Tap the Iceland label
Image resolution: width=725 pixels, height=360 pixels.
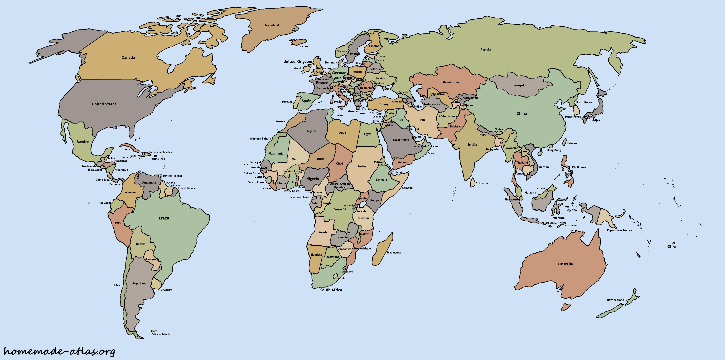click(304, 46)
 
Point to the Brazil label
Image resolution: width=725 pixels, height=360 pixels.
click(164, 218)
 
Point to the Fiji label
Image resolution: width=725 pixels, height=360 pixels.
click(674, 247)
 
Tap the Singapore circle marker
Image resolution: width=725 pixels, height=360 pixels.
click(521, 198)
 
